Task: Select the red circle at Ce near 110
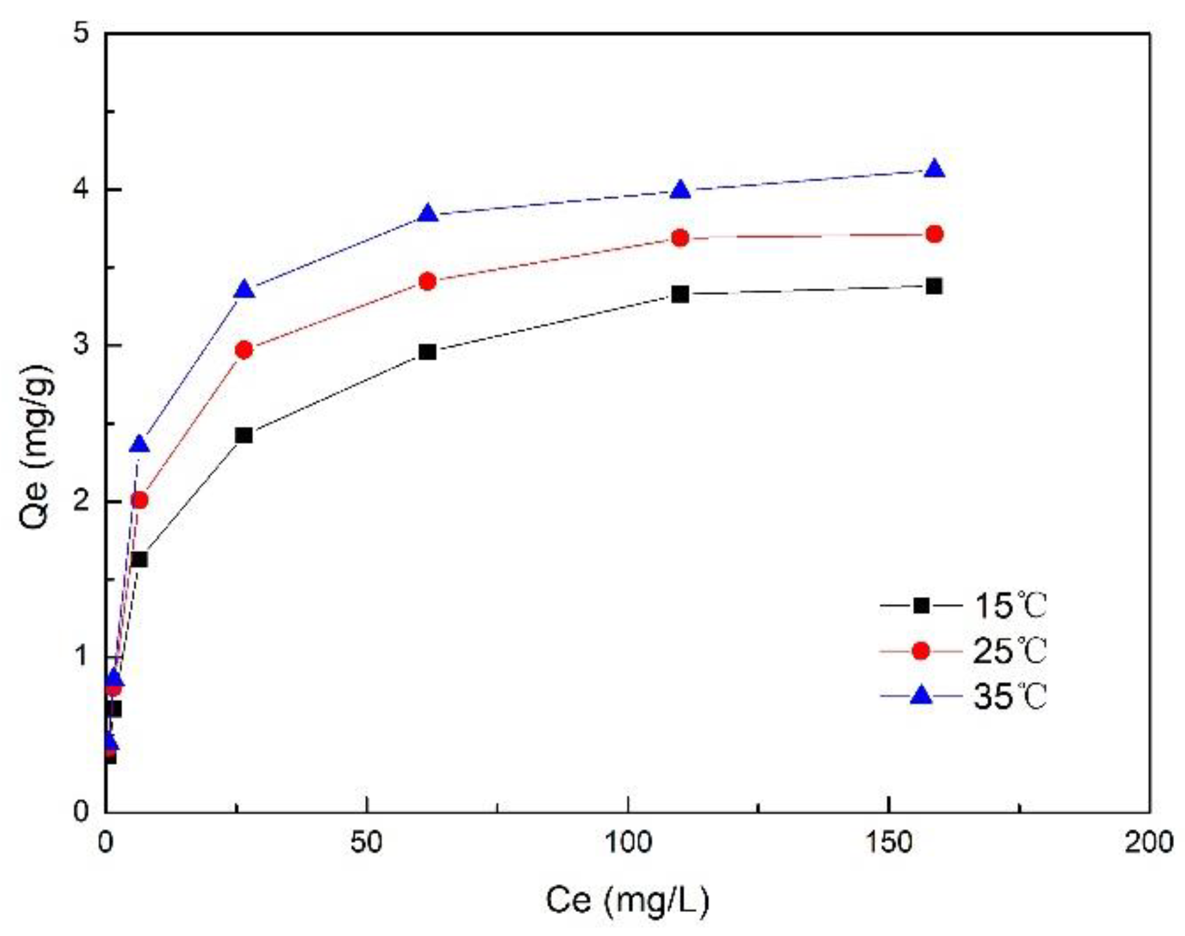point(680,238)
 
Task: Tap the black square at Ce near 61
point(428,352)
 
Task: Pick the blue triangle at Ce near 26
point(244,290)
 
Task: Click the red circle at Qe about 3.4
point(428,282)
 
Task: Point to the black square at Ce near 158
point(934,286)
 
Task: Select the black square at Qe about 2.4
point(244,435)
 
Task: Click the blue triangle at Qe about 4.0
point(680,191)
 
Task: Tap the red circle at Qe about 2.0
point(139,500)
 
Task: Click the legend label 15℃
point(1009,606)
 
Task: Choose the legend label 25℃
point(1009,651)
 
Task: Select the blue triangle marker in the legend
point(921,696)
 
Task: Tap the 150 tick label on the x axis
point(888,842)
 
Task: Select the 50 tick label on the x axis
point(366,842)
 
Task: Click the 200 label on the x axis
point(1149,842)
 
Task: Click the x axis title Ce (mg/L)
point(627,900)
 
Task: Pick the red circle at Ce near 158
point(934,234)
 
